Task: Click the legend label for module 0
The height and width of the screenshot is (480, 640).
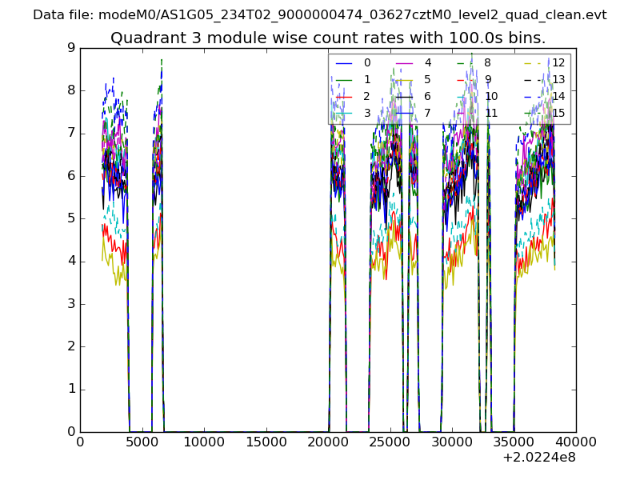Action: (367, 62)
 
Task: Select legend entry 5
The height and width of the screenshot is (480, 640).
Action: (428, 79)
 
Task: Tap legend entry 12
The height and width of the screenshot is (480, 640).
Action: (558, 62)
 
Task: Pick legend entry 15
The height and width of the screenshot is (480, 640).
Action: (558, 113)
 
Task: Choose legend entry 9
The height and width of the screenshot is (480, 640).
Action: (488, 79)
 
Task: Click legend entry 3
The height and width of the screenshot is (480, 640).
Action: (367, 113)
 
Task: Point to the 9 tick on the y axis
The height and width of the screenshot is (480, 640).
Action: (71, 48)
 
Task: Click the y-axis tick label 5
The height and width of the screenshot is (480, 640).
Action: (71, 218)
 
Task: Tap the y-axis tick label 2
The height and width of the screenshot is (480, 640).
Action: (71, 346)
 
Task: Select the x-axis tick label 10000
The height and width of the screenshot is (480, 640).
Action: (204, 442)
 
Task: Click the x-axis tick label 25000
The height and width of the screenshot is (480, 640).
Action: (390, 442)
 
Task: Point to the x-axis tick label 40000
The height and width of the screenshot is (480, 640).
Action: (576, 442)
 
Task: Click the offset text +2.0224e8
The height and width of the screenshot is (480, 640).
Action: (539, 458)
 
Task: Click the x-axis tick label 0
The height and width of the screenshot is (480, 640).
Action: (80, 442)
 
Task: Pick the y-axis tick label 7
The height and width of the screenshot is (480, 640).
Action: (71, 134)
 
